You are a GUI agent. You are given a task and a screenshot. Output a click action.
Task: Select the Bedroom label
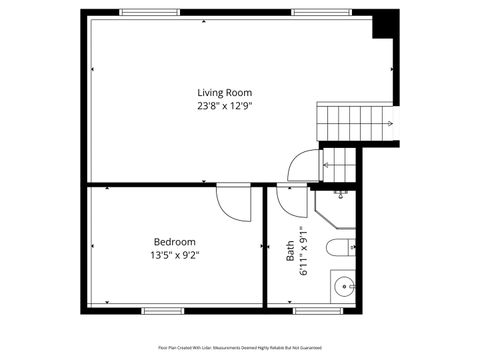174,242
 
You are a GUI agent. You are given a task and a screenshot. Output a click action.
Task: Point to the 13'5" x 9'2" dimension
174,255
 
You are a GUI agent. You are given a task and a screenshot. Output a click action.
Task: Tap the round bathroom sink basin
345,286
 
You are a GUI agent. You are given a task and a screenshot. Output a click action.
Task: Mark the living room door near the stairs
302,166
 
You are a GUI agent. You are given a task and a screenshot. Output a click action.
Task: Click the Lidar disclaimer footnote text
240,348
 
